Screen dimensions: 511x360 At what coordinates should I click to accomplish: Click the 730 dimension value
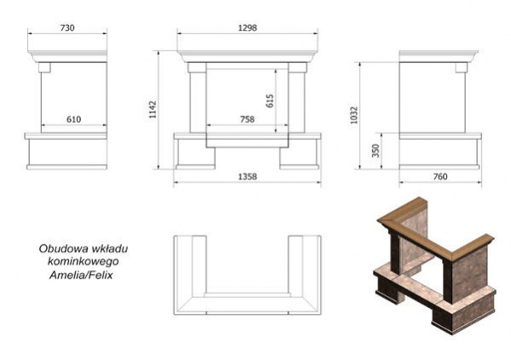pyautogui.click(x=67, y=28)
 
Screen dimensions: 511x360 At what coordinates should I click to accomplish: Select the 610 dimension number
pyautogui.click(x=73, y=119)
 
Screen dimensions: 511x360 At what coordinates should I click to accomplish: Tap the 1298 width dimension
pyautogui.click(x=247, y=28)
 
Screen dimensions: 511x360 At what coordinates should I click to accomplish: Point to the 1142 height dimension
pyautogui.click(x=153, y=109)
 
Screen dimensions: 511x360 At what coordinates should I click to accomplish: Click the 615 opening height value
pyautogui.click(x=270, y=101)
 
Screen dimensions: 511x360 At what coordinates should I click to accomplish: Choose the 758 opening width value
pyautogui.click(x=247, y=119)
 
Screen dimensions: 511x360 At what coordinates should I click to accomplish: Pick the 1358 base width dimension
pyautogui.click(x=247, y=177)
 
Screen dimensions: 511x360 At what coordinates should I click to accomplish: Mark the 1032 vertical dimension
pyautogui.click(x=354, y=115)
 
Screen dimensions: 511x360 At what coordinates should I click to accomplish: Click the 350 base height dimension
pyautogui.click(x=375, y=150)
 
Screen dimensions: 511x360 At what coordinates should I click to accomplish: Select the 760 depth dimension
pyautogui.click(x=440, y=177)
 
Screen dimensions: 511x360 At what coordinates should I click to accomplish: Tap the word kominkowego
pyautogui.click(x=83, y=262)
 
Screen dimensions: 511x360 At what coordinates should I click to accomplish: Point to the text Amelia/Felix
pyautogui.click(x=81, y=276)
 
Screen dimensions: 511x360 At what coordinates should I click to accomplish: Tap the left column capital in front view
pyautogui.click(x=197, y=67)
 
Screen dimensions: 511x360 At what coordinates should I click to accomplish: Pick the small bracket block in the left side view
pyautogui.click(x=44, y=67)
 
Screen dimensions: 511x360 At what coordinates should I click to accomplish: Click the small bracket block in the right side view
pyautogui.click(x=462, y=67)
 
